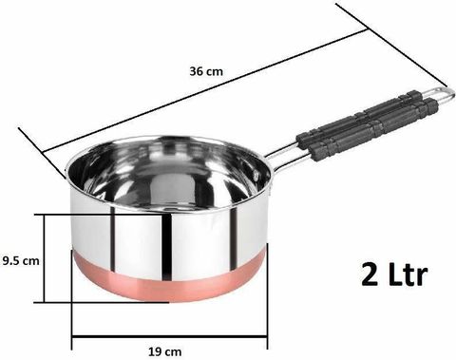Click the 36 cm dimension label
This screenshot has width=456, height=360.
click(206, 71)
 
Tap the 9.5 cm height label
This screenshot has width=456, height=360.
click(21, 261)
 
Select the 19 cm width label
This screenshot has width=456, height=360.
click(165, 351)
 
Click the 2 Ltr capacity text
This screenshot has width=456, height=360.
click(394, 275)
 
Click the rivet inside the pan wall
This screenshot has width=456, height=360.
click(256, 175)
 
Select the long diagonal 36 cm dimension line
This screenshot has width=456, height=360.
click(205, 90)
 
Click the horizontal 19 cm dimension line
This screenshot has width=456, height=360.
click(170, 337)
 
